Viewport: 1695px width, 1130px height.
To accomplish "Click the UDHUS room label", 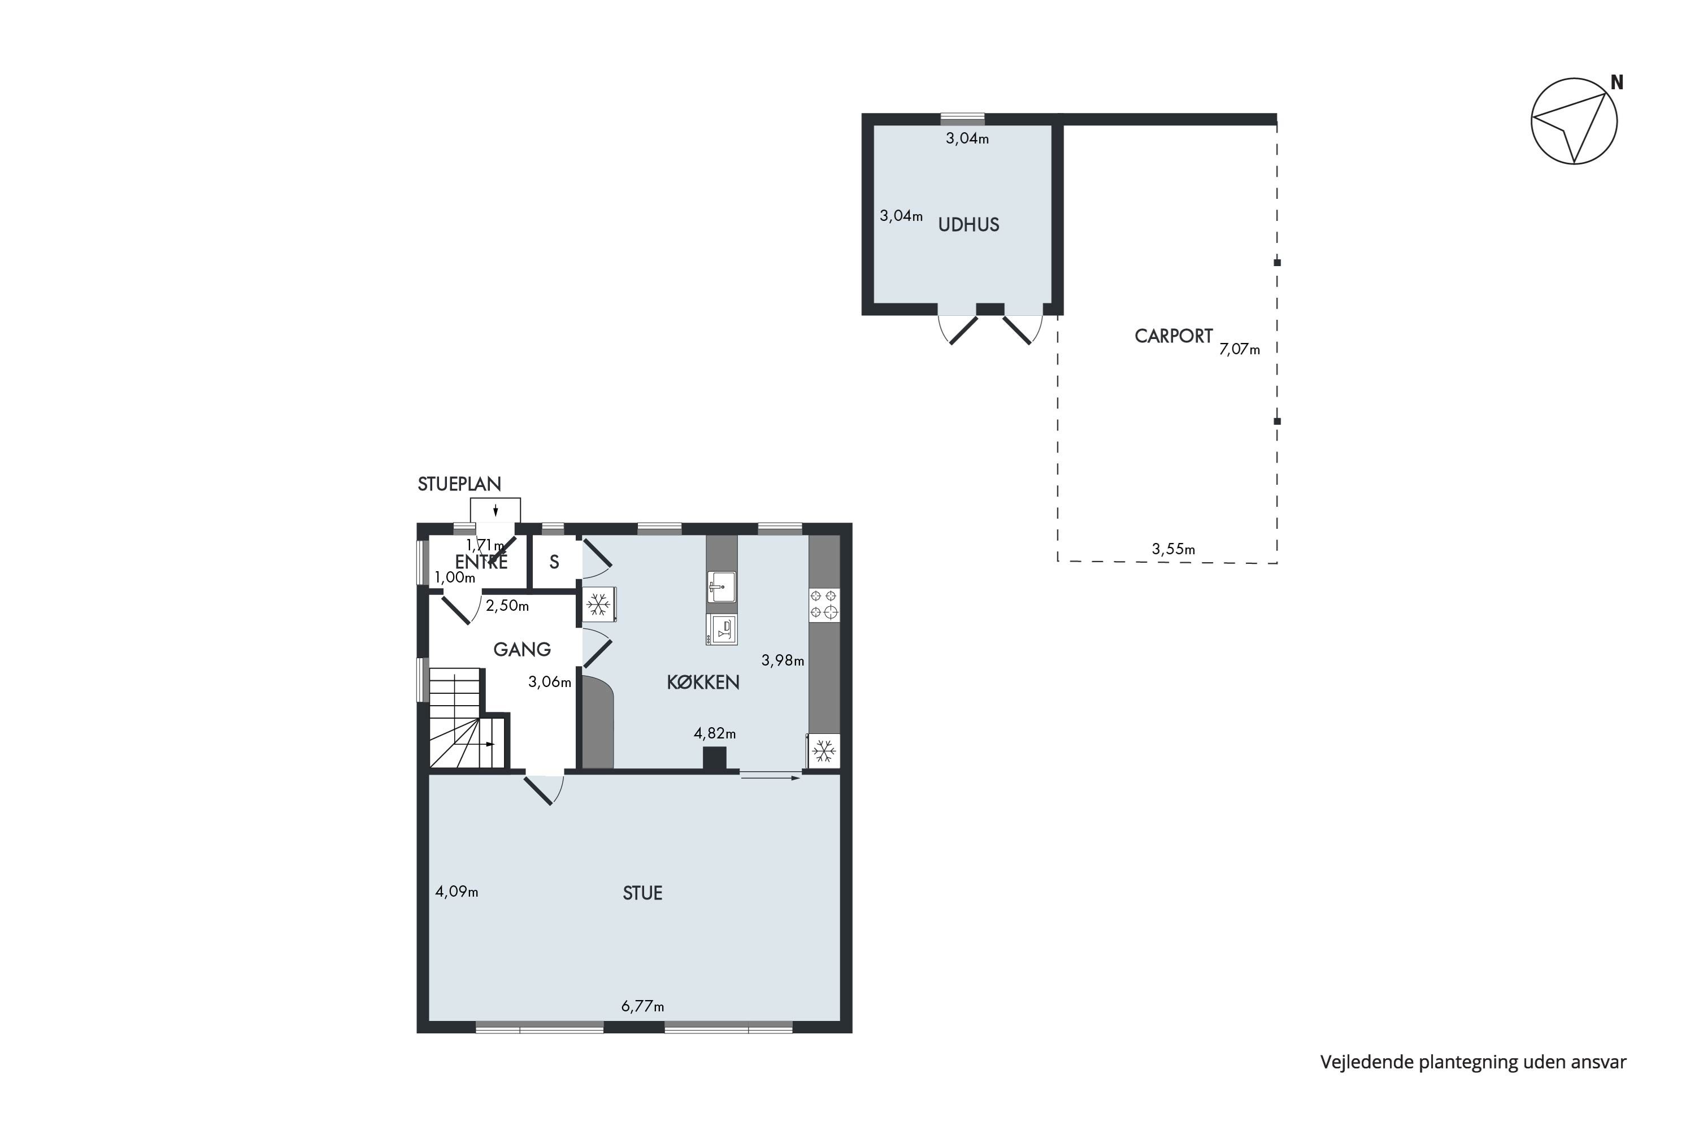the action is tap(968, 225).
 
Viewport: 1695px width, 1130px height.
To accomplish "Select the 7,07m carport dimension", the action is tap(1240, 350).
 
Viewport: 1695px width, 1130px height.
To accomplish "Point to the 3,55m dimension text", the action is tap(1174, 549).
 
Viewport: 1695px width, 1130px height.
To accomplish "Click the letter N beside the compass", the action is tap(1617, 83).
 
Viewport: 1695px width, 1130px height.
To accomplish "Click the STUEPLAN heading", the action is tap(459, 484).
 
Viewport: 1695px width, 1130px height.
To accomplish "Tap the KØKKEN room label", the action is tap(703, 683).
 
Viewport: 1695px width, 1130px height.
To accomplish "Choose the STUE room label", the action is tap(642, 894).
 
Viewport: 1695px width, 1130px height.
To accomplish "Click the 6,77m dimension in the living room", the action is tap(642, 1006).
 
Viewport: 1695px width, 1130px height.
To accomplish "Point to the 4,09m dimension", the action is tap(456, 892).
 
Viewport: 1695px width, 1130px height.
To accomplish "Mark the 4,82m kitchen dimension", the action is tap(714, 733).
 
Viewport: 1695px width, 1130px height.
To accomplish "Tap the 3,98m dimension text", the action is tap(783, 660).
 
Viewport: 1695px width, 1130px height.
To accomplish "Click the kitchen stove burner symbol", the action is tap(824, 605).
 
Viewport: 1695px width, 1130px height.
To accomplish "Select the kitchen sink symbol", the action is tap(722, 586).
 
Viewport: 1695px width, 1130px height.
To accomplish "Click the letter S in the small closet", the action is tap(554, 562).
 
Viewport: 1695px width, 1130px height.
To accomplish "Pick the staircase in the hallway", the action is tap(469, 718).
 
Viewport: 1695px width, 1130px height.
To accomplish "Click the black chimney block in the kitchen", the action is tap(714, 758).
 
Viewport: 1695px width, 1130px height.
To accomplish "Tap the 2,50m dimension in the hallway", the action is tap(507, 605).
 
